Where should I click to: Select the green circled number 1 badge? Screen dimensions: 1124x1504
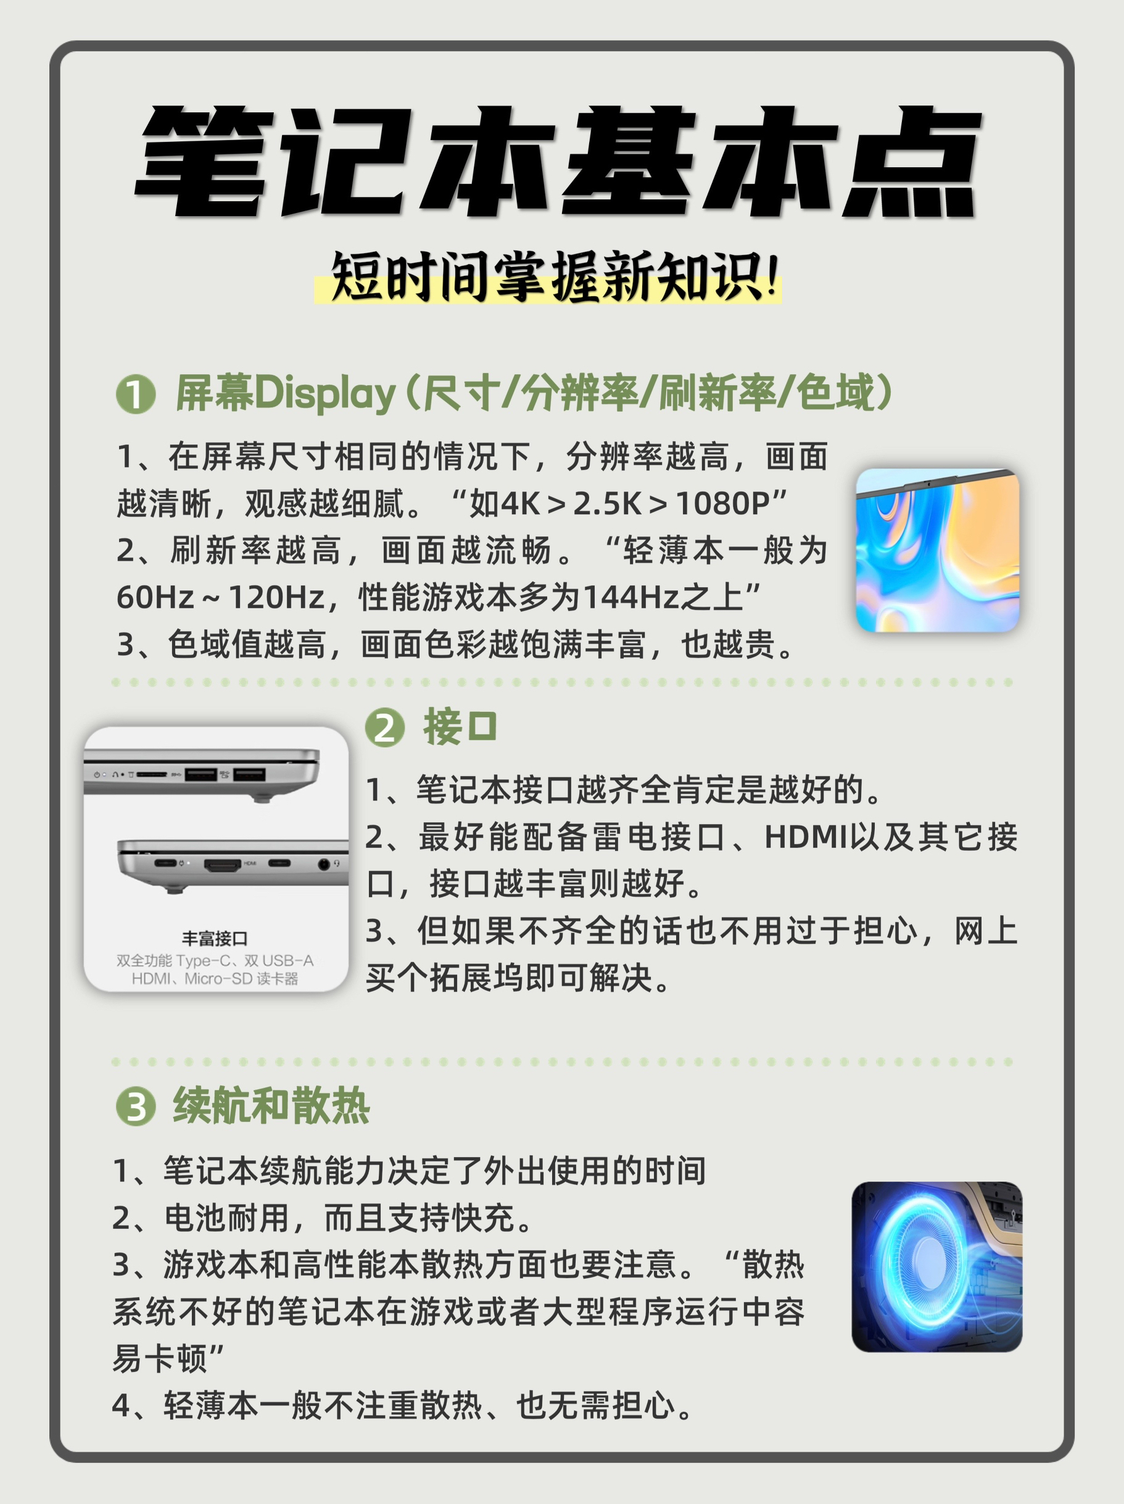click(136, 395)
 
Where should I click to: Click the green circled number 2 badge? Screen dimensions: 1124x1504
click(384, 727)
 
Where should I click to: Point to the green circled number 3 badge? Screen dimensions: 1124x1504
click(136, 1106)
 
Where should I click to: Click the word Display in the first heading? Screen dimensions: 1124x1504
click(324, 394)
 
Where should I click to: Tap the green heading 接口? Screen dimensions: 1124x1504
click(460, 727)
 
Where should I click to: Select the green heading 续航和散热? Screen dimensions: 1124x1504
click(271, 1106)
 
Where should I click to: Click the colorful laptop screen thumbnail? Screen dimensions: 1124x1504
click(937, 550)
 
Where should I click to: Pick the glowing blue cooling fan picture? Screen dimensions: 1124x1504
click(937, 1267)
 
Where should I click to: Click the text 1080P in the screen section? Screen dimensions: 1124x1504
click(722, 504)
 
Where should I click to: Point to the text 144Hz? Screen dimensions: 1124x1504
click(631, 598)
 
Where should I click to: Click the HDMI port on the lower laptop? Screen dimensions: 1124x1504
click(222, 865)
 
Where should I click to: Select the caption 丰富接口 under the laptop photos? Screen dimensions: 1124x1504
click(215, 939)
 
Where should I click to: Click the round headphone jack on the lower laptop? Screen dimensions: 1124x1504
click(324, 864)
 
